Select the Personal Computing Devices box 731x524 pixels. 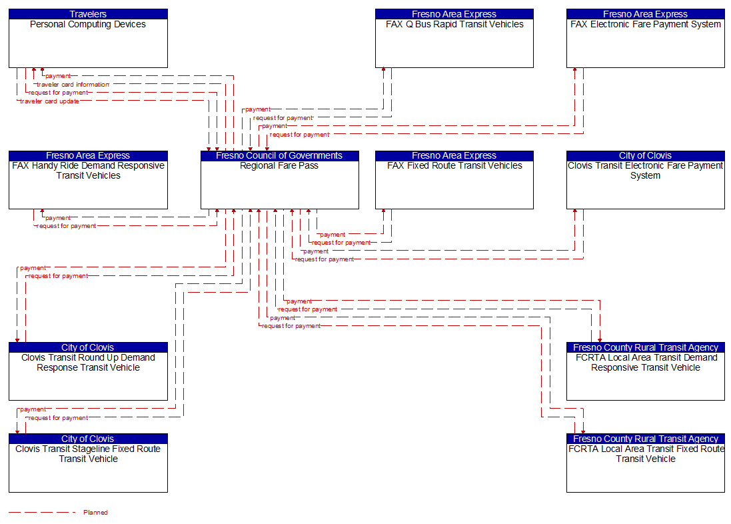pos(88,43)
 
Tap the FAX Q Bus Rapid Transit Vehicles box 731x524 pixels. pos(454,43)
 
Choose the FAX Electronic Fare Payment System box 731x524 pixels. pos(645,43)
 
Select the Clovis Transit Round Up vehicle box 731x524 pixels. pos(88,376)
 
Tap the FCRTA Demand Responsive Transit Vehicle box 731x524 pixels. pos(645,376)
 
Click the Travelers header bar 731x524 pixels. pos(88,14)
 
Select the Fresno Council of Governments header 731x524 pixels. pos(279,155)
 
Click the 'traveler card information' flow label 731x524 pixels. pos(73,85)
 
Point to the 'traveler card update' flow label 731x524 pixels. pos(49,101)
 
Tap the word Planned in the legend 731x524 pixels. pos(95,513)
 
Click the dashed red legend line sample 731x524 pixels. pos(42,513)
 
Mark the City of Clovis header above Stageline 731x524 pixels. pos(88,439)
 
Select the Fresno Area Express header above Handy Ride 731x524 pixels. pos(88,155)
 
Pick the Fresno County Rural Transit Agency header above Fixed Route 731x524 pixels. pos(645,439)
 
